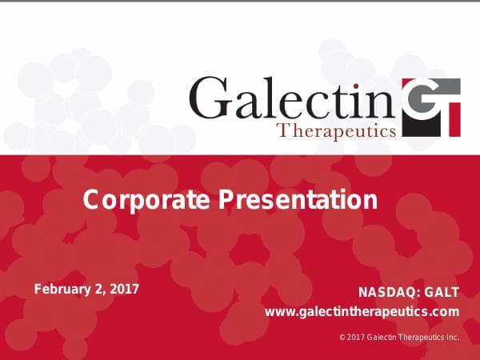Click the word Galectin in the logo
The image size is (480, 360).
pos(294,98)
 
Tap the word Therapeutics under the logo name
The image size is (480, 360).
pos(335,130)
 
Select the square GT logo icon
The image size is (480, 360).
pos(431,107)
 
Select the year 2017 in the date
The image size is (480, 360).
pos(124,288)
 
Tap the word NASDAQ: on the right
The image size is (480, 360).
pos(390,292)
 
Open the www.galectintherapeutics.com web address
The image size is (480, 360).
pos(362,311)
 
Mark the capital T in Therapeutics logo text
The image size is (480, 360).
pos(280,130)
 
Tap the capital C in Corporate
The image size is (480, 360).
pos(92,199)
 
